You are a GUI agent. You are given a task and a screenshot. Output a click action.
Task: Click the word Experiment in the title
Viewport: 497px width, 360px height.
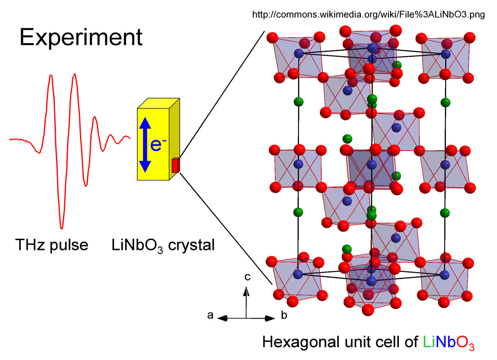point(81,38)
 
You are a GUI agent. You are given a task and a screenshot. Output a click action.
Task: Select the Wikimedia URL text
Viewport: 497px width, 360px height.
point(369,15)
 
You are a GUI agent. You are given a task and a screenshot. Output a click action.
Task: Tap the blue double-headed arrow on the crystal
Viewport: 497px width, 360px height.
point(145,145)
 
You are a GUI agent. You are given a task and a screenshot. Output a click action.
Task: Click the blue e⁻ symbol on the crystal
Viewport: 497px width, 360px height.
point(158,145)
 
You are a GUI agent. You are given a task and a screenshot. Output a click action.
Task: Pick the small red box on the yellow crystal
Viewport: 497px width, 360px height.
point(176,166)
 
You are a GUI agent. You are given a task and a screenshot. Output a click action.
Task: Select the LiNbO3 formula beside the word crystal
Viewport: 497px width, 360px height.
point(137,246)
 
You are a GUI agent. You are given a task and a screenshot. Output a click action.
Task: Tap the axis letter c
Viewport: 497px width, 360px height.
point(247,277)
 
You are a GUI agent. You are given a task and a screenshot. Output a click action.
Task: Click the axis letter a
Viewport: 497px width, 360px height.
point(210,315)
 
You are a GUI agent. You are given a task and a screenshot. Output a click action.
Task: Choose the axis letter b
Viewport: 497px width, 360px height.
point(284,315)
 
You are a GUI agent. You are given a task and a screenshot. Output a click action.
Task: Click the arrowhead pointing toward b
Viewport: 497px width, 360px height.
point(270,319)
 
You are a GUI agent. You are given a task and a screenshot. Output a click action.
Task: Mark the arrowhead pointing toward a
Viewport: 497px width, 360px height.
point(222,318)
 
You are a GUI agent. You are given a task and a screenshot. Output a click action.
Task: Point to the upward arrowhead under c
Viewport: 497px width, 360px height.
point(246,291)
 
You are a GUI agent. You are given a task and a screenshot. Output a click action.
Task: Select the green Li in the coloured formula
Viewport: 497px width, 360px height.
point(429,342)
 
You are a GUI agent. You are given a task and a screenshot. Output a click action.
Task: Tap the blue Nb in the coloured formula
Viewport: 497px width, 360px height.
point(445,342)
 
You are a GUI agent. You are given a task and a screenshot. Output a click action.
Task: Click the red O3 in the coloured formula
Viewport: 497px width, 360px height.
point(465,343)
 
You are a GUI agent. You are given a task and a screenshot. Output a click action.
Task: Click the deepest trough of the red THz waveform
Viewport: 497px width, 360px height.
point(62,228)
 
